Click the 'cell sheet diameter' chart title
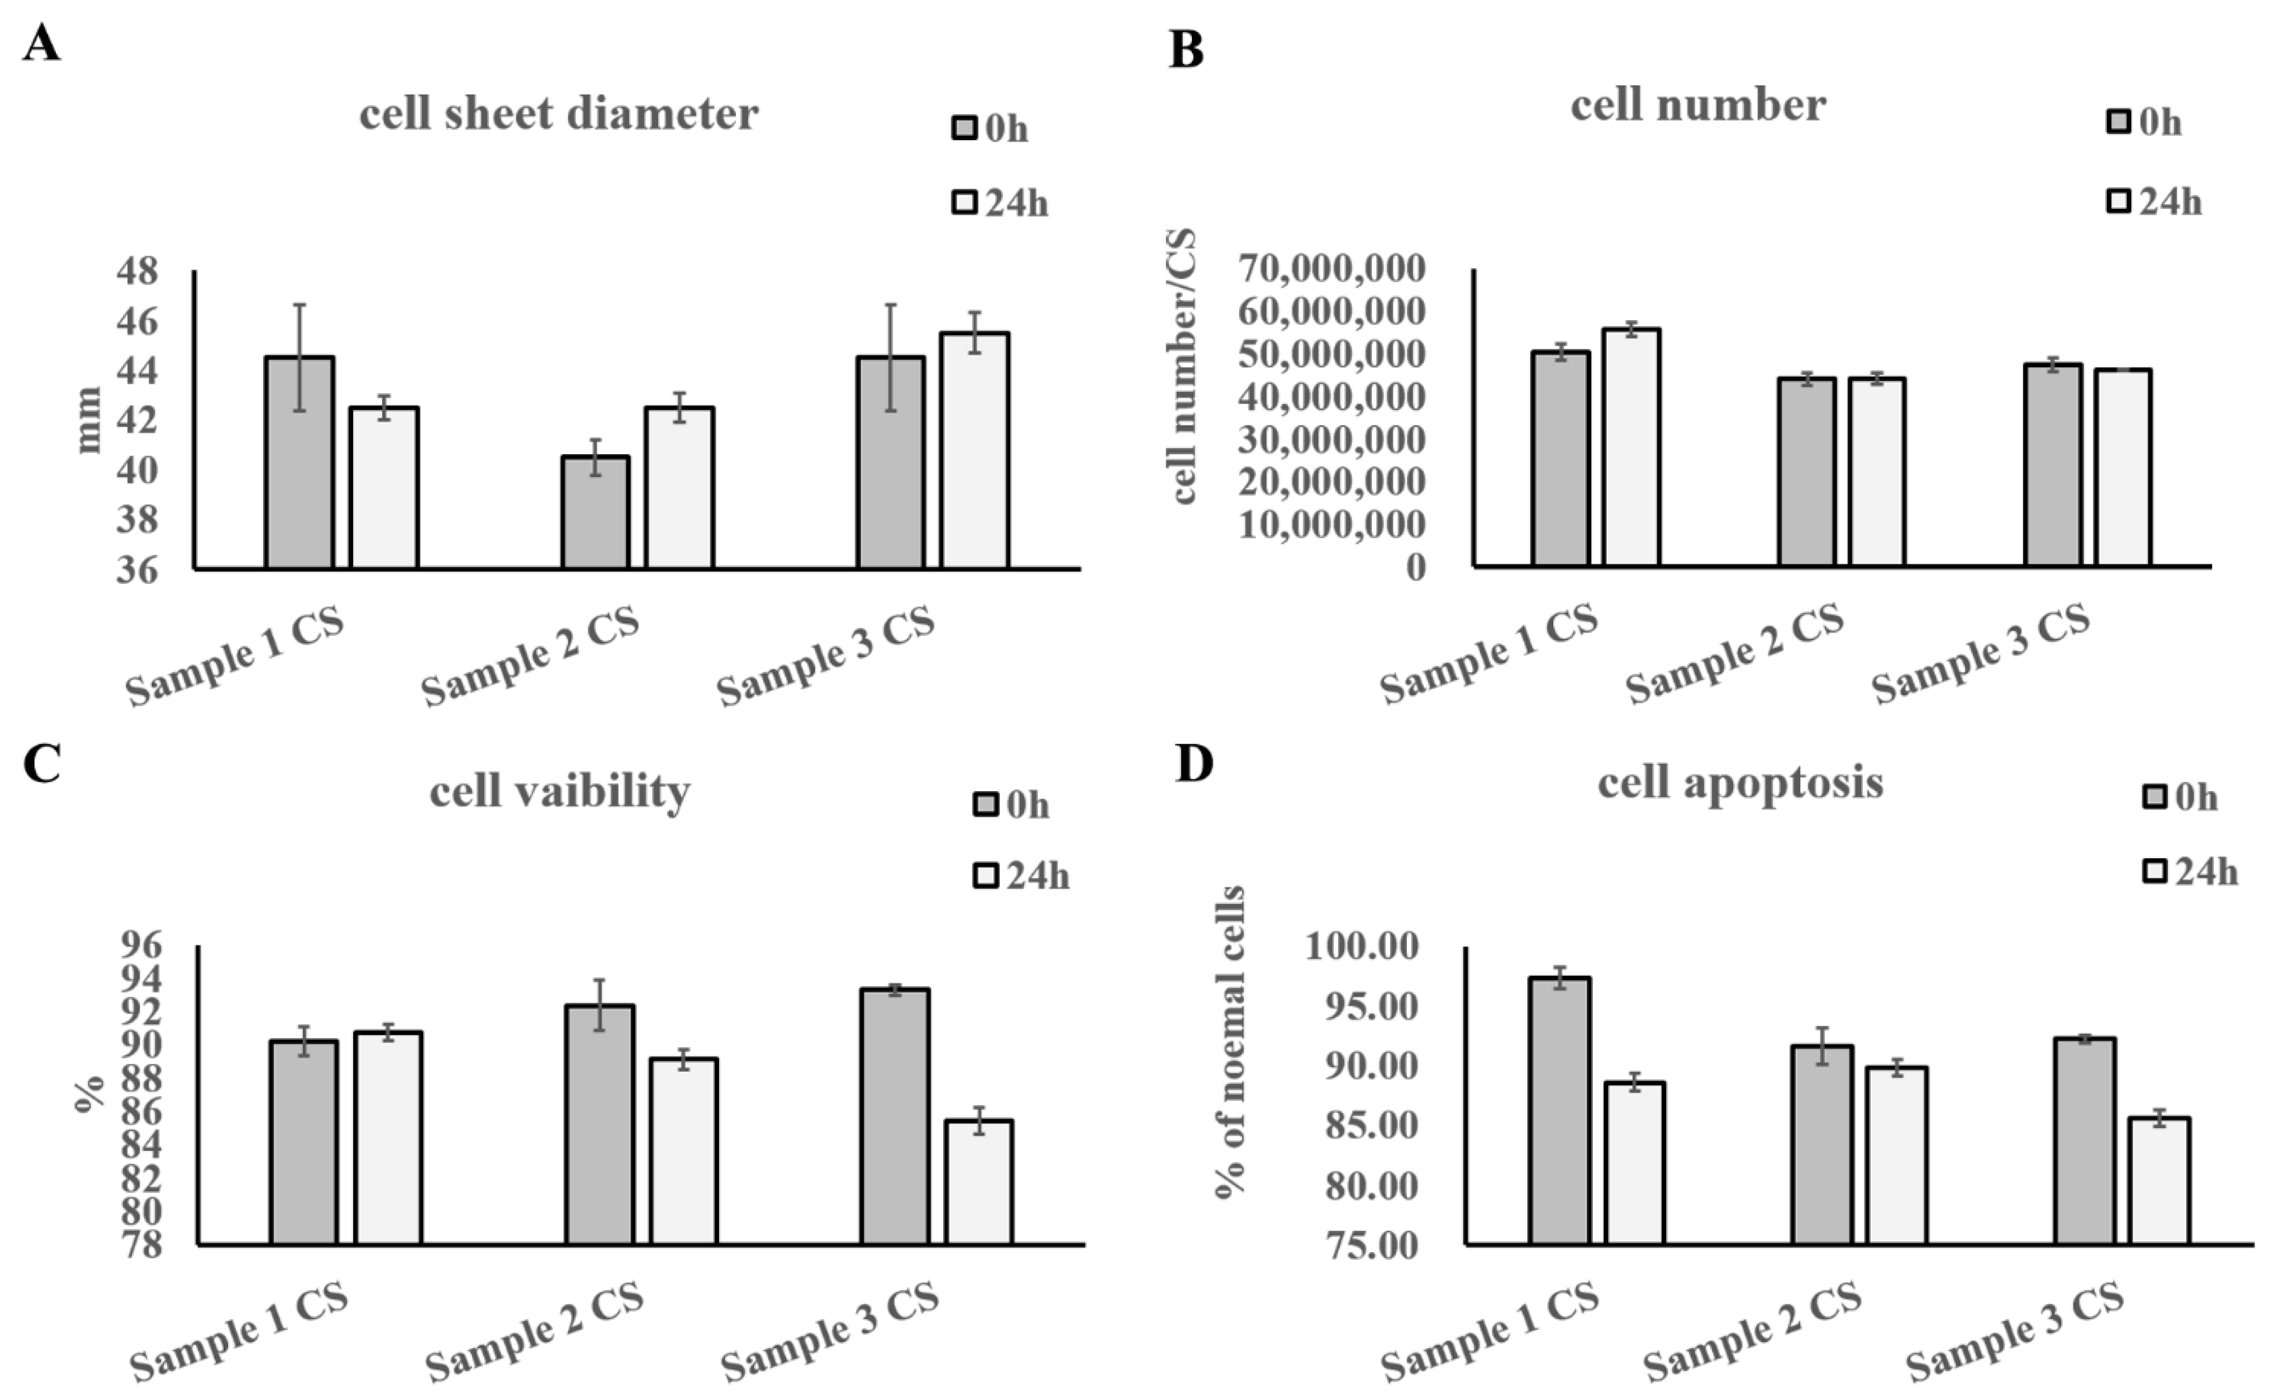click(x=559, y=115)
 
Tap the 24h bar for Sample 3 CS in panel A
click(x=974, y=451)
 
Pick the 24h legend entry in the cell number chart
click(x=2154, y=201)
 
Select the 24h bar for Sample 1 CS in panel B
click(x=1632, y=448)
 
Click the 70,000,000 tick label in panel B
click(x=1332, y=268)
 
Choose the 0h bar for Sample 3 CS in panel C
click(x=895, y=1117)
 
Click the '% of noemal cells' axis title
click(x=1230, y=1042)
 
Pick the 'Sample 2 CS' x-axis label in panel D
click(x=1751, y=1333)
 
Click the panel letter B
click(x=1186, y=49)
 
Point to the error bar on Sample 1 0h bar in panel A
click(x=299, y=357)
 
